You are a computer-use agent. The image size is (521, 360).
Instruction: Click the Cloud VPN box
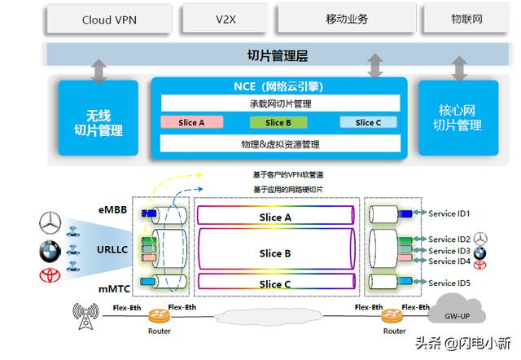tap(109, 20)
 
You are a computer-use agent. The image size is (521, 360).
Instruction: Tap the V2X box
tap(225, 19)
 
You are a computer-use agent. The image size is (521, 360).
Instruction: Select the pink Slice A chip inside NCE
tap(192, 122)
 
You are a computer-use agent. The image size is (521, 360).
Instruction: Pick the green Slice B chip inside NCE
tap(278, 122)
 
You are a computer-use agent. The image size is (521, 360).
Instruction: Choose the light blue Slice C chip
tap(368, 122)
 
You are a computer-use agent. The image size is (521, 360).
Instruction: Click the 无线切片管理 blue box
tap(99, 117)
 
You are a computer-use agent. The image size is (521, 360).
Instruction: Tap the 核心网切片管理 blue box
tap(458, 117)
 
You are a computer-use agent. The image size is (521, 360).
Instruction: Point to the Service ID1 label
tap(449, 213)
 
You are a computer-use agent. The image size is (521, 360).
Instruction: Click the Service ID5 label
tap(449, 283)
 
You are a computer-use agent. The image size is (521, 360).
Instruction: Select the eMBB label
tap(112, 210)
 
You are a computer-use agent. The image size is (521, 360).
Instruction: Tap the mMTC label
tap(114, 289)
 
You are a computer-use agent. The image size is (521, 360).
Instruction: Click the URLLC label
tap(112, 249)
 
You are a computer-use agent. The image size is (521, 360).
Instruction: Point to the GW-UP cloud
tap(457, 310)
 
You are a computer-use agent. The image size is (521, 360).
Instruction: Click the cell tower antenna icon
tap(85, 316)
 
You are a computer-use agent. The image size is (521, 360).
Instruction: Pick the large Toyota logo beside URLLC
tap(50, 275)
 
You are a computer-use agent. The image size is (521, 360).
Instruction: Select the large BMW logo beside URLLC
tap(50, 252)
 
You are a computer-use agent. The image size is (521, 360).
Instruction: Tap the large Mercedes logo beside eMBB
tap(50, 222)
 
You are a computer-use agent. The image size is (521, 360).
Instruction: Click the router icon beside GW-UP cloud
tap(392, 316)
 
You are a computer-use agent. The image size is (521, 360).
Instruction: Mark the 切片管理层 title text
tap(278, 55)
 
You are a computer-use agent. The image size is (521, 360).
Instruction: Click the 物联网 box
tap(466, 19)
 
